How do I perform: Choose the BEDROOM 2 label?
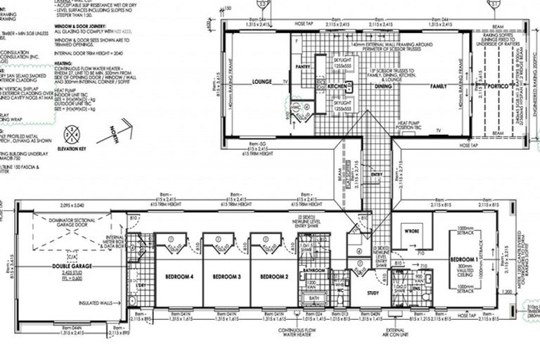pyautogui.click(x=274, y=277)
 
